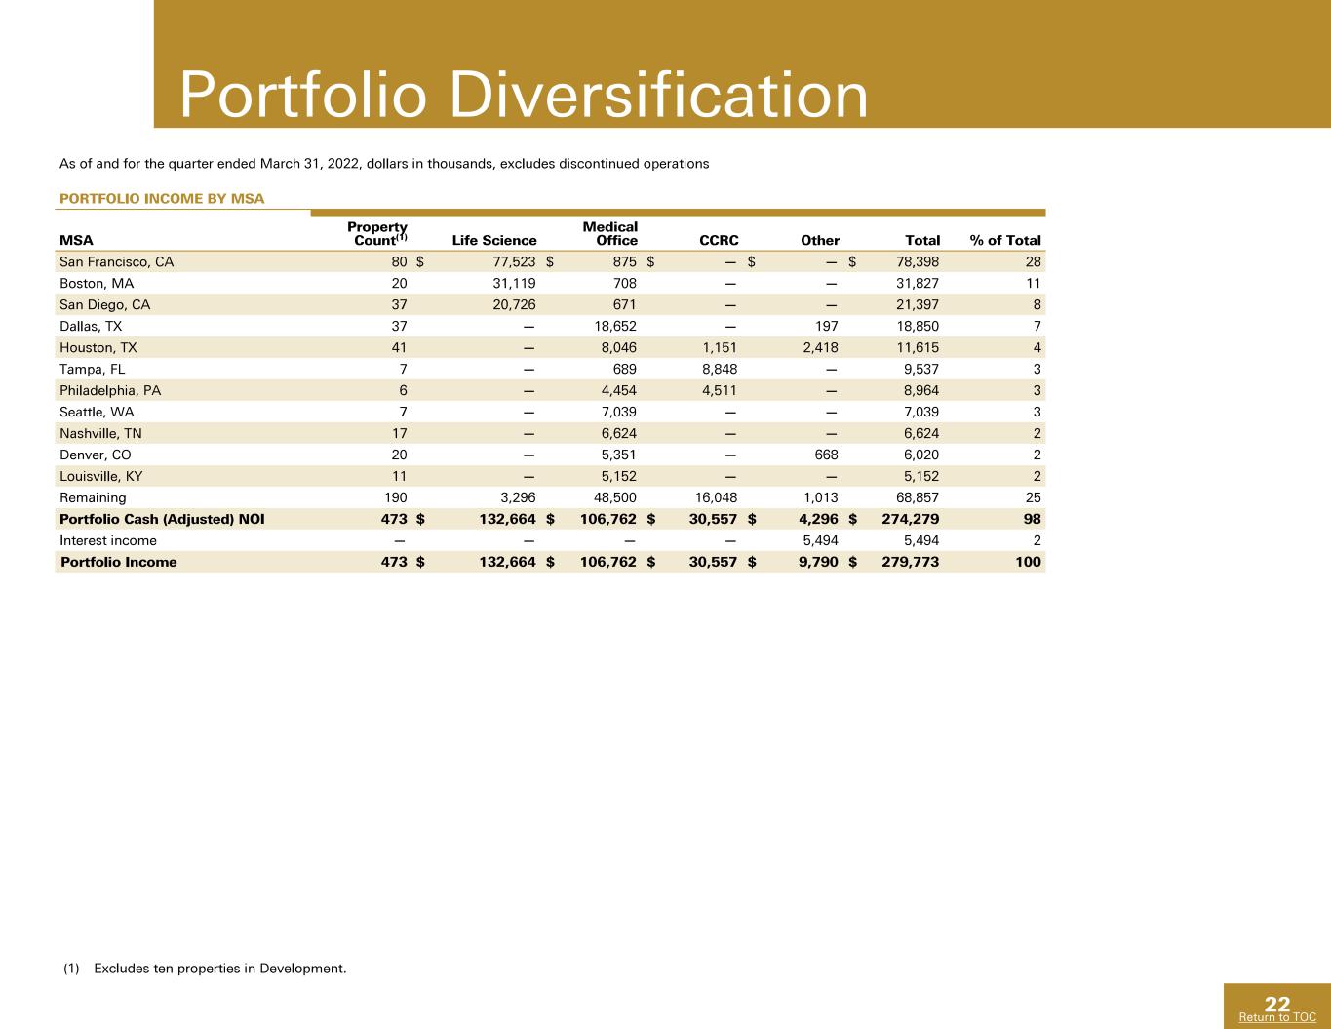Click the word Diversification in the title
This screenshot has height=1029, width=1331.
pyautogui.click(x=659, y=95)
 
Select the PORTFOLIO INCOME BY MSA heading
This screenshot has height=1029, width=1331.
pyautogui.click(x=162, y=198)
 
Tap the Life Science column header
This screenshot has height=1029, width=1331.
pyautogui.click(x=494, y=240)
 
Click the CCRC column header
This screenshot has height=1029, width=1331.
pyautogui.click(x=719, y=240)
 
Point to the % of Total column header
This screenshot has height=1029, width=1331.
pyautogui.click(x=1005, y=240)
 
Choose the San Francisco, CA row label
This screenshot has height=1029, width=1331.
pyautogui.click(x=116, y=262)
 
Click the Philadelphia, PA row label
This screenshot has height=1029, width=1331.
pyautogui.click(x=110, y=391)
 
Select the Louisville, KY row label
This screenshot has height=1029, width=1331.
pyautogui.click(x=101, y=477)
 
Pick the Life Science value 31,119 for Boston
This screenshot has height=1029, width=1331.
pyautogui.click(x=514, y=284)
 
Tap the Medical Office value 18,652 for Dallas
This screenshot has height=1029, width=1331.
pyautogui.click(x=615, y=327)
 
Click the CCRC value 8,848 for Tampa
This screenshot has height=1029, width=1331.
pyautogui.click(x=720, y=370)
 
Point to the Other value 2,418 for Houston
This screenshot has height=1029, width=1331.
pyautogui.click(x=820, y=348)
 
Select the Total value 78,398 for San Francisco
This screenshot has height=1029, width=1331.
pyautogui.click(x=917, y=262)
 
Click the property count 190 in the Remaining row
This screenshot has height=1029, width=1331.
pyautogui.click(x=396, y=498)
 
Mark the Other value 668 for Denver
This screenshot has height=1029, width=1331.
pyautogui.click(x=826, y=455)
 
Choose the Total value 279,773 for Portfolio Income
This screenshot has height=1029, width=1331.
pyautogui.click(x=910, y=562)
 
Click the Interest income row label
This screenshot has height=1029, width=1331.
pyautogui.click(x=108, y=541)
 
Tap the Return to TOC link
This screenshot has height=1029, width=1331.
pyautogui.click(x=1277, y=1017)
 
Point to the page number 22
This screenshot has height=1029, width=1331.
pyautogui.click(x=1277, y=1004)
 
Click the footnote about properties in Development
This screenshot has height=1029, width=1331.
pyautogui.click(x=205, y=969)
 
